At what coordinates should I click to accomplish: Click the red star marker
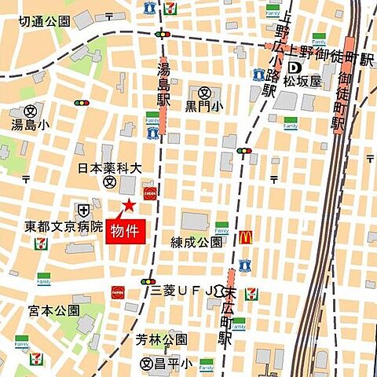[x=127, y=206]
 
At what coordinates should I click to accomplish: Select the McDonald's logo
[x=245, y=236]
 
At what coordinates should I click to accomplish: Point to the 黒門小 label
[x=204, y=106]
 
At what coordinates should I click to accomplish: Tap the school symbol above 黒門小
[x=205, y=92]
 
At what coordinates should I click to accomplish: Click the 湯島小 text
[x=30, y=124]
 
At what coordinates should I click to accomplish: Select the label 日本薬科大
[x=109, y=168]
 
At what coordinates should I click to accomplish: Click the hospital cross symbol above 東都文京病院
[x=82, y=209]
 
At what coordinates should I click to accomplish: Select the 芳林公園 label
[x=161, y=339]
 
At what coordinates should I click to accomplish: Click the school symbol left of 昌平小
[x=146, y=364]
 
